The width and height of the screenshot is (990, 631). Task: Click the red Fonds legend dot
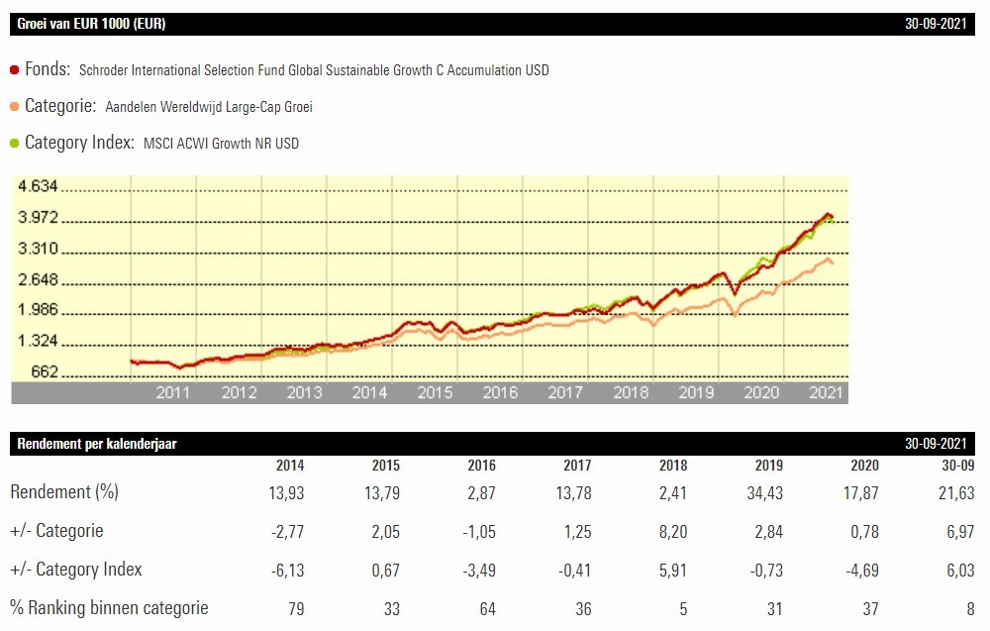click(x=15, y=70)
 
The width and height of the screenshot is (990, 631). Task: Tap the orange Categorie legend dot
click(x=15, y=107)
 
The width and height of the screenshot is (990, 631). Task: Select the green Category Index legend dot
click(x=15, y=143)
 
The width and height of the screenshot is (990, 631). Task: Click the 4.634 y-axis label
click(x=39, y=185)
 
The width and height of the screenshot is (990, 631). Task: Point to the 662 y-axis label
click(x=46, y=372)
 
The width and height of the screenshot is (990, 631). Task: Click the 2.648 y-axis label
click(x=39, y=279)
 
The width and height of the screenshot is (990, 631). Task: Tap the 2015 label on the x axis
click(x=435, y=392)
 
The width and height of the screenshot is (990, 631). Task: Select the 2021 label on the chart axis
click(x=826, y=392)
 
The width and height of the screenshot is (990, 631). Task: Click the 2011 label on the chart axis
click(x=173, y=392)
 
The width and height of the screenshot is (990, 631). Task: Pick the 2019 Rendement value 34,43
click(x=762, y=492)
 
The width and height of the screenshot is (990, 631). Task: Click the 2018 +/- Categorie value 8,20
click(x=672, y=531)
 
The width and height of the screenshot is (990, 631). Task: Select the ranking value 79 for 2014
click(x=294, y=608)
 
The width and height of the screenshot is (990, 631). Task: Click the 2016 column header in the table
click(x=482, y=466)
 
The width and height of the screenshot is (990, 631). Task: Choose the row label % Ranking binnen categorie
click(x=109, y=607)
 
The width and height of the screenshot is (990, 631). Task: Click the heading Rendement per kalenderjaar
click(x=97, y=444)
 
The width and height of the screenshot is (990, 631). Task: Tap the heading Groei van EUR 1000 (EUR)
click(x=91, y=24)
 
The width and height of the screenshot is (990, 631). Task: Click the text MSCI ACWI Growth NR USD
click(x=221, y=144)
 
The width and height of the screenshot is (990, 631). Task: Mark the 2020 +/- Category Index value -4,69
click(x=858, y=570)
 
